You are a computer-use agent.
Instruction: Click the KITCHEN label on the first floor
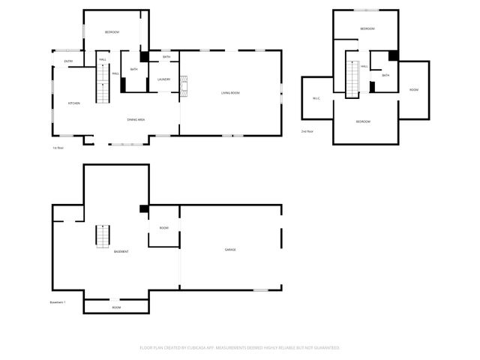pos(74,103)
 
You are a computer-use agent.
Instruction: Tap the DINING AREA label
pos(136,120)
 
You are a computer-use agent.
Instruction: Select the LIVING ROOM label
pos(230,93)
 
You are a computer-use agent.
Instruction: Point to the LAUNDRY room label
pos(163,79)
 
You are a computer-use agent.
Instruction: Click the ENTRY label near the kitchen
pos(68,61)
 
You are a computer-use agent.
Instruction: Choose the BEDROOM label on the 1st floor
pos(112,32)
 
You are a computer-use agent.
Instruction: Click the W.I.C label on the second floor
pos(316,99)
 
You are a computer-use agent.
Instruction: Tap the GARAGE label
pos(230,250)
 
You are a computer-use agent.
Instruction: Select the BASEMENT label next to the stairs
pos(121,251)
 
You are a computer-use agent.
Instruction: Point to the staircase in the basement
pos(103,236)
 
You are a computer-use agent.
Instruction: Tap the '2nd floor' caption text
pos(307,131)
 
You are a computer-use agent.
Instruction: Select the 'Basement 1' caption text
pos(58,302)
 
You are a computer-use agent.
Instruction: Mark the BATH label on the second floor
pos(385,76)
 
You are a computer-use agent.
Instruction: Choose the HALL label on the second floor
pos(364,67)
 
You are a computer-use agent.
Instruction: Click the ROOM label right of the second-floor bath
pos(413,90)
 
